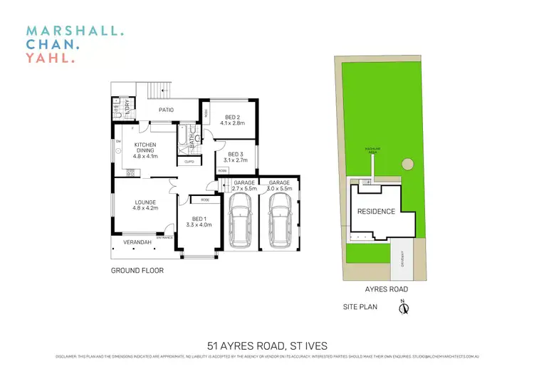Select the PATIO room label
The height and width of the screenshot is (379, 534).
[167, 110]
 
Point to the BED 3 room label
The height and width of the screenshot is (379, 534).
[236, 157]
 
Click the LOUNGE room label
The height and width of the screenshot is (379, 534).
[145, 206]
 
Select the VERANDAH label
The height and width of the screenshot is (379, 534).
[137, 243]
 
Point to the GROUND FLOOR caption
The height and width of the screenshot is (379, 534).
[137, 271]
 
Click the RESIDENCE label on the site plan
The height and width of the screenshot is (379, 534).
[375, 212]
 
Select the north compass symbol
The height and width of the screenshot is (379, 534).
[402, 308]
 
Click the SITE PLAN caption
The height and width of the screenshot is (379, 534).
[360, 308]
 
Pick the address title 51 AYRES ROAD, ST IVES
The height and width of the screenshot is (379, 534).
[267, 346]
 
